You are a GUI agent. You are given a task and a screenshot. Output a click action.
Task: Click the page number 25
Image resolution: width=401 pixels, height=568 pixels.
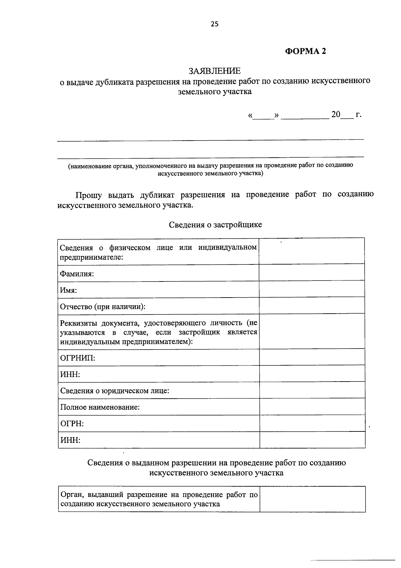[x=214, y=24]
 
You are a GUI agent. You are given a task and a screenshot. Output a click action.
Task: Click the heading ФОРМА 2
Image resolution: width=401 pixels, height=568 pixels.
[x=305, y=51]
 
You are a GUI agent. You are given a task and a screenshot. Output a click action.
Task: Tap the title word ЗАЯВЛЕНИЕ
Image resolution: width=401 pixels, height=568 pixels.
[x=214, y=71]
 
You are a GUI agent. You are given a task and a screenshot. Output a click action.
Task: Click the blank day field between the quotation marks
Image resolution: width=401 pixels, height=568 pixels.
[x=263, y=115]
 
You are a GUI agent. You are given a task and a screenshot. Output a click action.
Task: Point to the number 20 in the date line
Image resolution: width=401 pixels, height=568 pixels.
[x=336, y=115]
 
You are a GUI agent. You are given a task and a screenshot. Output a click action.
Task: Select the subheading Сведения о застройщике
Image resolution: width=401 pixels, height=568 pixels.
[x=215, y=225]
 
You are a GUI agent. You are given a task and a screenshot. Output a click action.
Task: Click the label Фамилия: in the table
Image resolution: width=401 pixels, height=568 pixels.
[x=77, y=274]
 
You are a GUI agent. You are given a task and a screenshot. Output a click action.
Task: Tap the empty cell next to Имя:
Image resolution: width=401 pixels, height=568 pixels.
[x=311, y=289]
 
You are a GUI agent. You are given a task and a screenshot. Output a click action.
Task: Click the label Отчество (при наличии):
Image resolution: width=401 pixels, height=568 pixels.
[x=103, y=307]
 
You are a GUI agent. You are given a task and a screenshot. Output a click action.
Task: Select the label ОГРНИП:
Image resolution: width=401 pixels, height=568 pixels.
[x=78, y=358]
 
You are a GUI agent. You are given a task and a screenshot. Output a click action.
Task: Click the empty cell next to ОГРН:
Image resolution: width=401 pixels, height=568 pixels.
[x=312, y=424]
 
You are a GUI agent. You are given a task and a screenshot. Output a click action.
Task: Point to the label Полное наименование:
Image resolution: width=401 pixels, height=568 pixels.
[x=100, y=407]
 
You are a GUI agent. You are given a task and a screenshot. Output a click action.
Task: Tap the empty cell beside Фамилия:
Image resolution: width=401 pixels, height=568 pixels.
[x=311, y=272]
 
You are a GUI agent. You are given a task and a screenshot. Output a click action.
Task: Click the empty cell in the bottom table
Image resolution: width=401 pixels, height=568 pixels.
[x=312, y=499]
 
